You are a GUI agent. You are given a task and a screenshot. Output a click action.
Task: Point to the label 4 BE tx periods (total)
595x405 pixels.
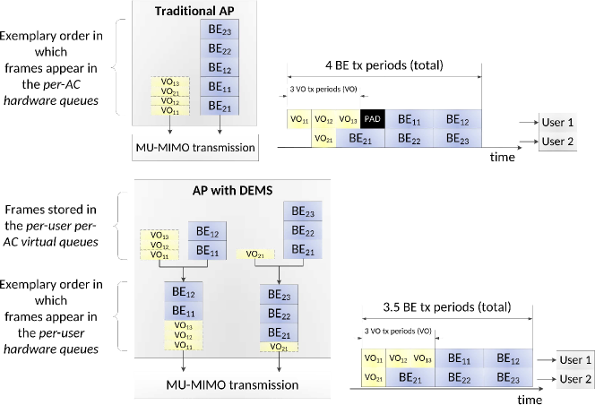(384, 67)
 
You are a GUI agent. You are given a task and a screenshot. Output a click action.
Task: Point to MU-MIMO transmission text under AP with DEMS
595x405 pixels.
(232, 385)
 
